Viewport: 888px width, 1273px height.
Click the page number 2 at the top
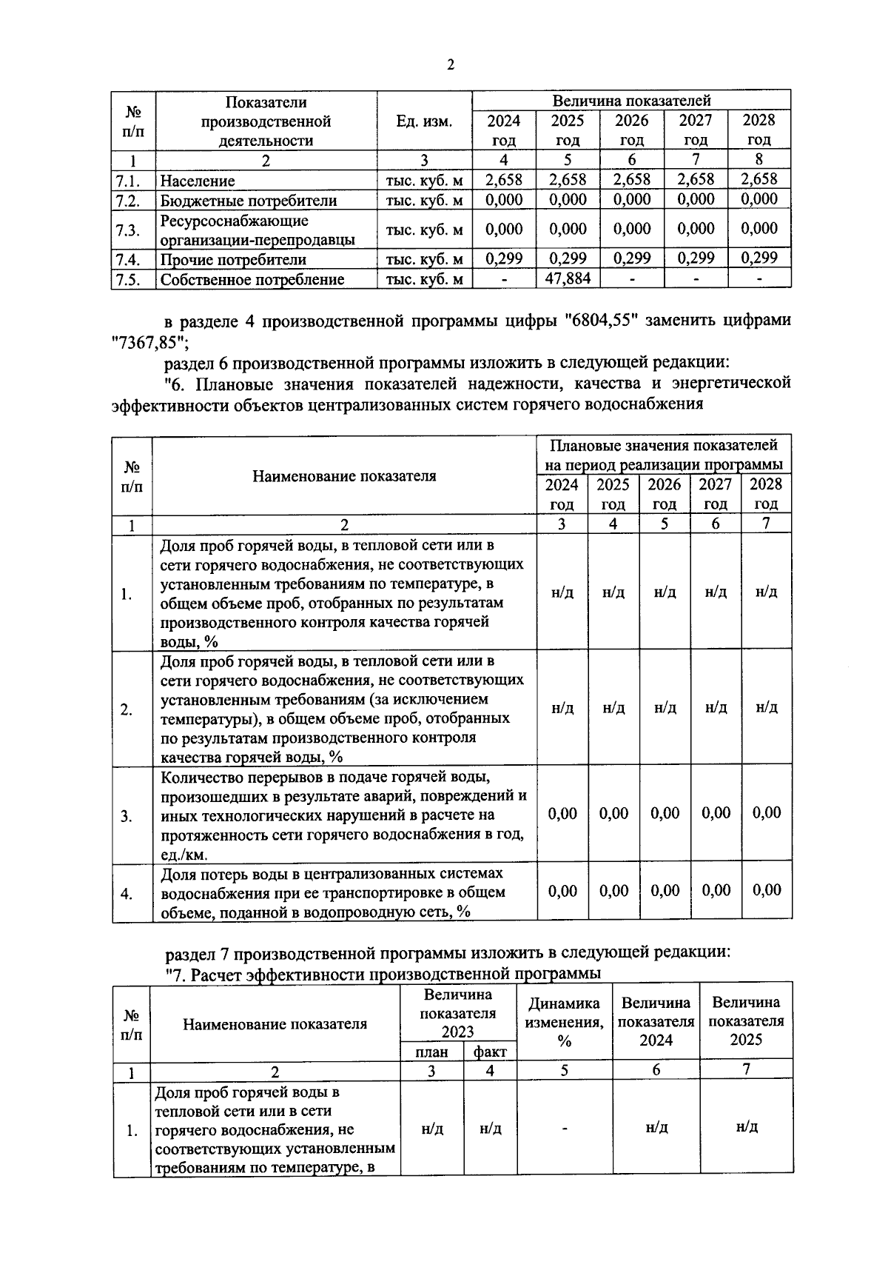pos(450,64)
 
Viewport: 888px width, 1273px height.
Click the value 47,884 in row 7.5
pos(568,278)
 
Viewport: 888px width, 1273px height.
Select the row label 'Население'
pos(198,181)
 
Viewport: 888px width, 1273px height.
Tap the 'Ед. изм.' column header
pos(424,121)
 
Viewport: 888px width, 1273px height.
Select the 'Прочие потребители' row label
pos(233,259)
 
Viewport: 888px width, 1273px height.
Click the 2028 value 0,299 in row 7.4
pos(759,258)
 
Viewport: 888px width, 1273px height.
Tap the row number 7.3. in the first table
pos(128,230)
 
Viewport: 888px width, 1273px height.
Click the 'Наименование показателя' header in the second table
pos(344,476)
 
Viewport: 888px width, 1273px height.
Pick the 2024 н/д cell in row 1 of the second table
pos(562,592)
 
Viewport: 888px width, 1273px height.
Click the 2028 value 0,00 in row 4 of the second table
pos(767,890)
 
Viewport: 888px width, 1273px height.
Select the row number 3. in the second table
pos(127,817)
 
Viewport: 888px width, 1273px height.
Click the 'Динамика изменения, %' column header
pos(564,1022)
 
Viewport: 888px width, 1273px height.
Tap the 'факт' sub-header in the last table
pos(490,1052)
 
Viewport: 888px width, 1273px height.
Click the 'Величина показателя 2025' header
pos(746,1021)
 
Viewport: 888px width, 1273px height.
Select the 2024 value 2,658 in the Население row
pos(504,179)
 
